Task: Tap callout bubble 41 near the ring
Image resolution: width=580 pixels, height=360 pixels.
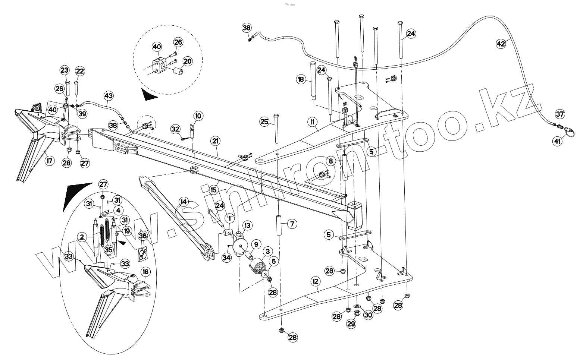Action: [x=557, y=141]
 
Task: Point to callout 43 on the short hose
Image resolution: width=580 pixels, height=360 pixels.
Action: [x=108, y=96]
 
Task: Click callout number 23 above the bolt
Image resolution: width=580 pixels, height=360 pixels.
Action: [x=65, y=70]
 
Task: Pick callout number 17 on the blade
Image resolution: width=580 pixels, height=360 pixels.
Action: [x=50, y=161]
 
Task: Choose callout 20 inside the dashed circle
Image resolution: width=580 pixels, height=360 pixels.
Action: [x=187, y=61]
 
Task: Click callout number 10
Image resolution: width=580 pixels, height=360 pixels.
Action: [x=198, y=116]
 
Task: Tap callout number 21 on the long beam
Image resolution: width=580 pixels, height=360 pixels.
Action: [x=215, y=141]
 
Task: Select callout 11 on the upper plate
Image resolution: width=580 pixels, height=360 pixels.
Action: [x=312, y=122]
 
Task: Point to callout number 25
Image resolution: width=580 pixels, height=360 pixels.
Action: [x=264, y=121]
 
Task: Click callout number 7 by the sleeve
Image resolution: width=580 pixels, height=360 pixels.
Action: [x=292, y=224]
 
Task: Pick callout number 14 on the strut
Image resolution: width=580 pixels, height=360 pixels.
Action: [x=183, y=202]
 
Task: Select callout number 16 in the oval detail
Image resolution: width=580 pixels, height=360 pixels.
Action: [x=145, y=272]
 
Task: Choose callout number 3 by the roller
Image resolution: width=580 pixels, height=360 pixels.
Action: [x=268, y=251]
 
